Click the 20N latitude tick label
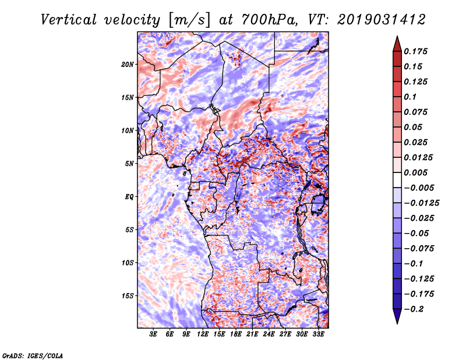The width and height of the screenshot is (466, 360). (x=128, y=64)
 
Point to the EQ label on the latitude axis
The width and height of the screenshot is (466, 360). (x=129, y=196)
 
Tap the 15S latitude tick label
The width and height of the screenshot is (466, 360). (x=128, y=295)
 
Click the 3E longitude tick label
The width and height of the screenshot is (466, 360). (x=153, y=334)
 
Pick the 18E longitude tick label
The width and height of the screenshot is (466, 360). (x=236, y=334)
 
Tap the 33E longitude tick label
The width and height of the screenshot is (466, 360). (x=319, y=334)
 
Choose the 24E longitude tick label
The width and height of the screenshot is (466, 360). (x=269, y=334)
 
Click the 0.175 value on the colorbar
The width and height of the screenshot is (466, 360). (x=417, y=51)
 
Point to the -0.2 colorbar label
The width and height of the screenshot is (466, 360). (x=415, y=309)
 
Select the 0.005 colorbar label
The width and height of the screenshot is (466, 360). (x=417, y=172)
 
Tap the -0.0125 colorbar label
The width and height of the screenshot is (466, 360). (x=422, y=203)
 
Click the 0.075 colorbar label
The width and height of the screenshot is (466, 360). (x=417, y=112)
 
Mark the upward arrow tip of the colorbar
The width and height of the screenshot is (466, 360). (x=397, y=38)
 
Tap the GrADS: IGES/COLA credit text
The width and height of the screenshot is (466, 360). (x=32, y=355)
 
